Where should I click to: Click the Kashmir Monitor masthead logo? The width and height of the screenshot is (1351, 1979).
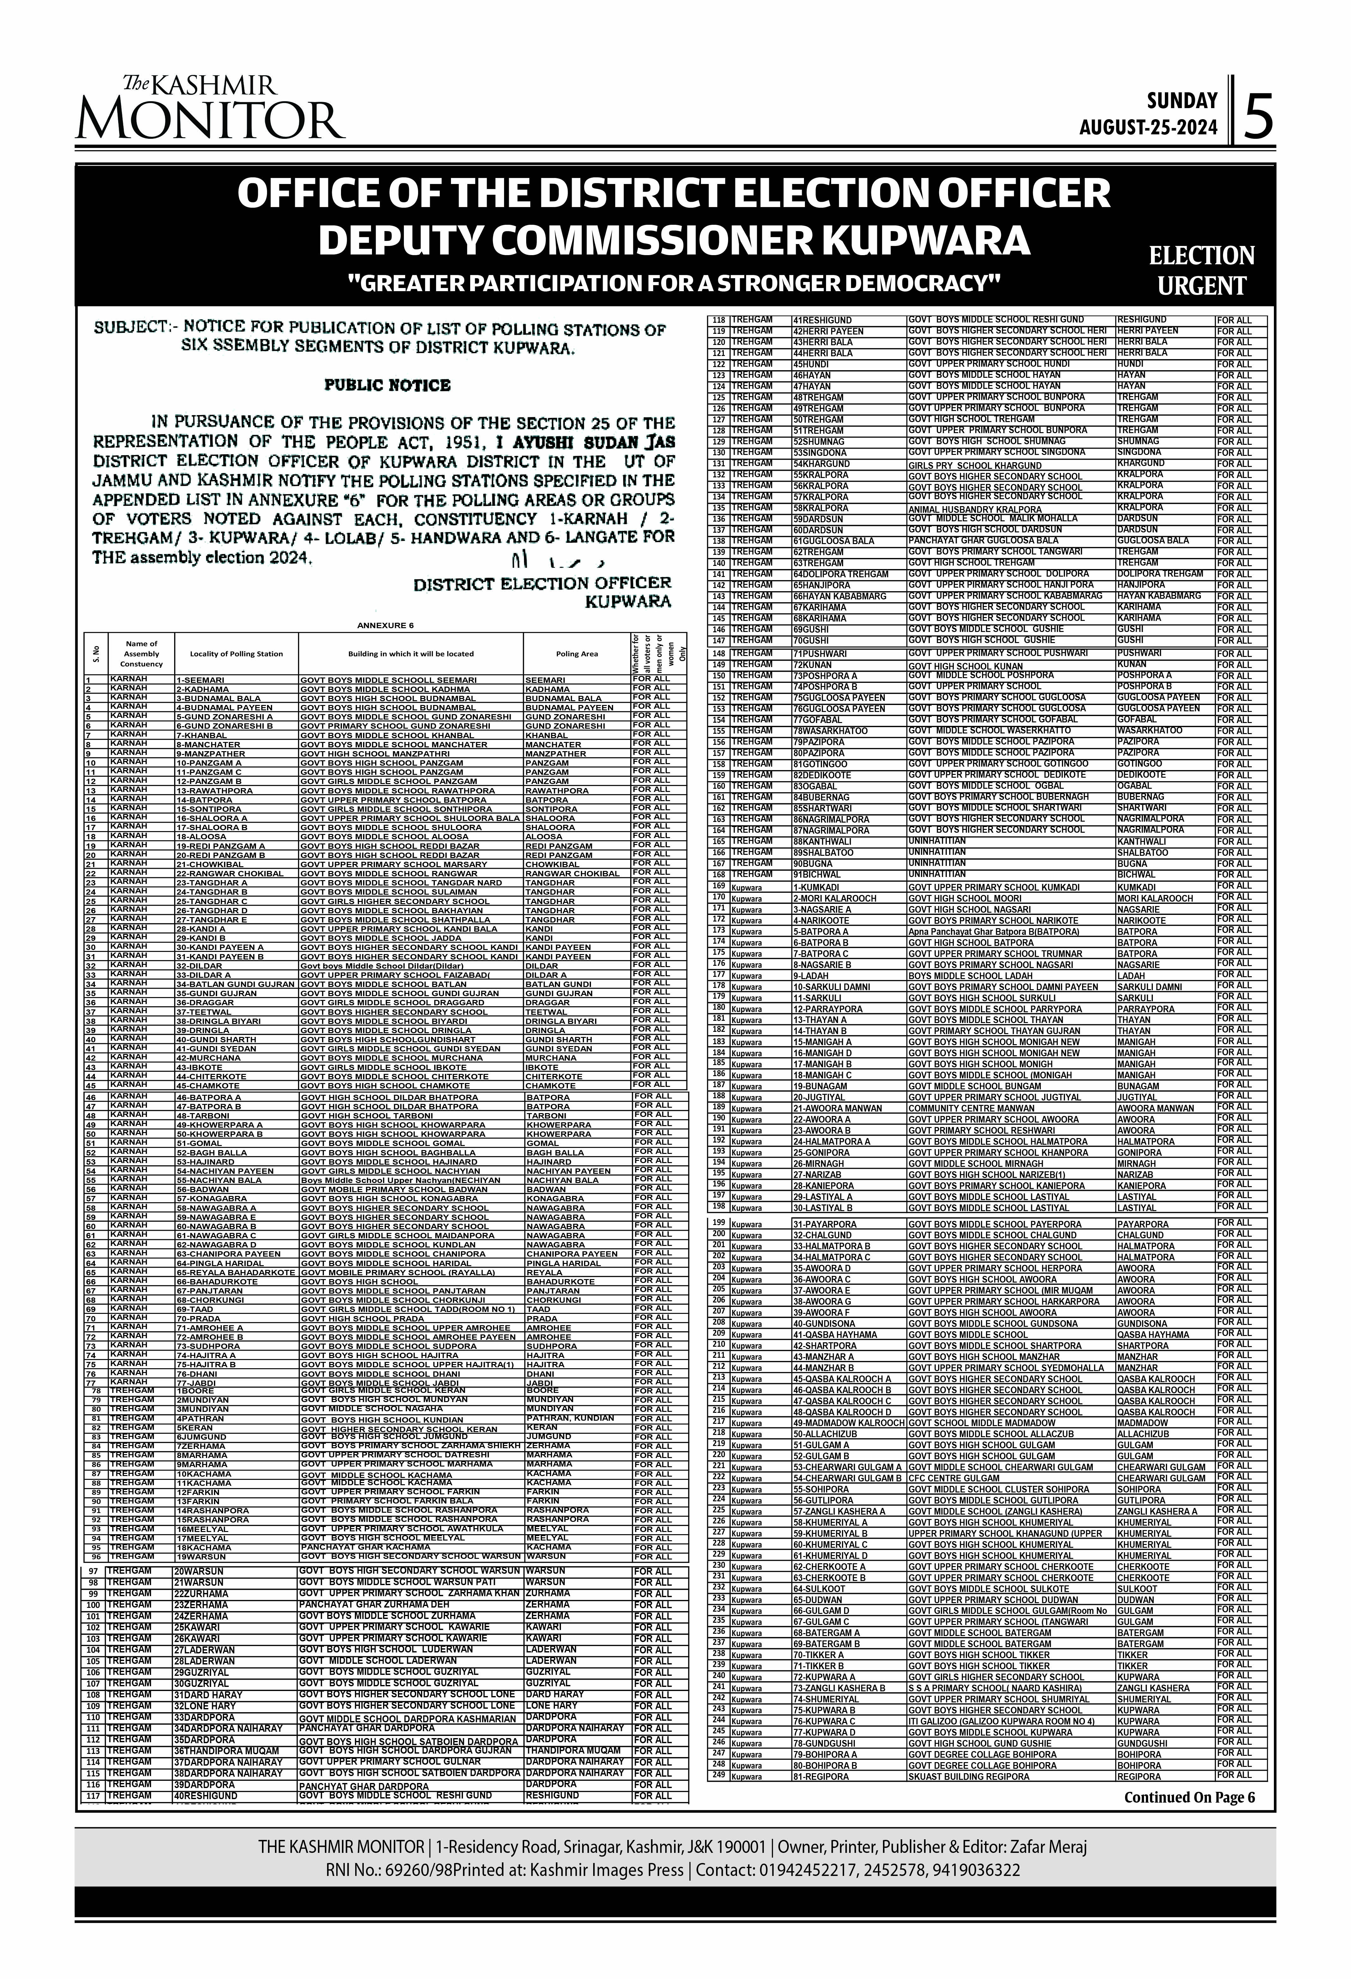click(x=210, y=108)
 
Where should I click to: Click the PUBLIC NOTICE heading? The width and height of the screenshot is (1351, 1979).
click(x=387, y=385)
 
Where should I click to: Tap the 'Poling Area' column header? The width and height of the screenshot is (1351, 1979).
click(x=577, y=654)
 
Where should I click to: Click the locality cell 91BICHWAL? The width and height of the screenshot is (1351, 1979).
click(x=816, y=874)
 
